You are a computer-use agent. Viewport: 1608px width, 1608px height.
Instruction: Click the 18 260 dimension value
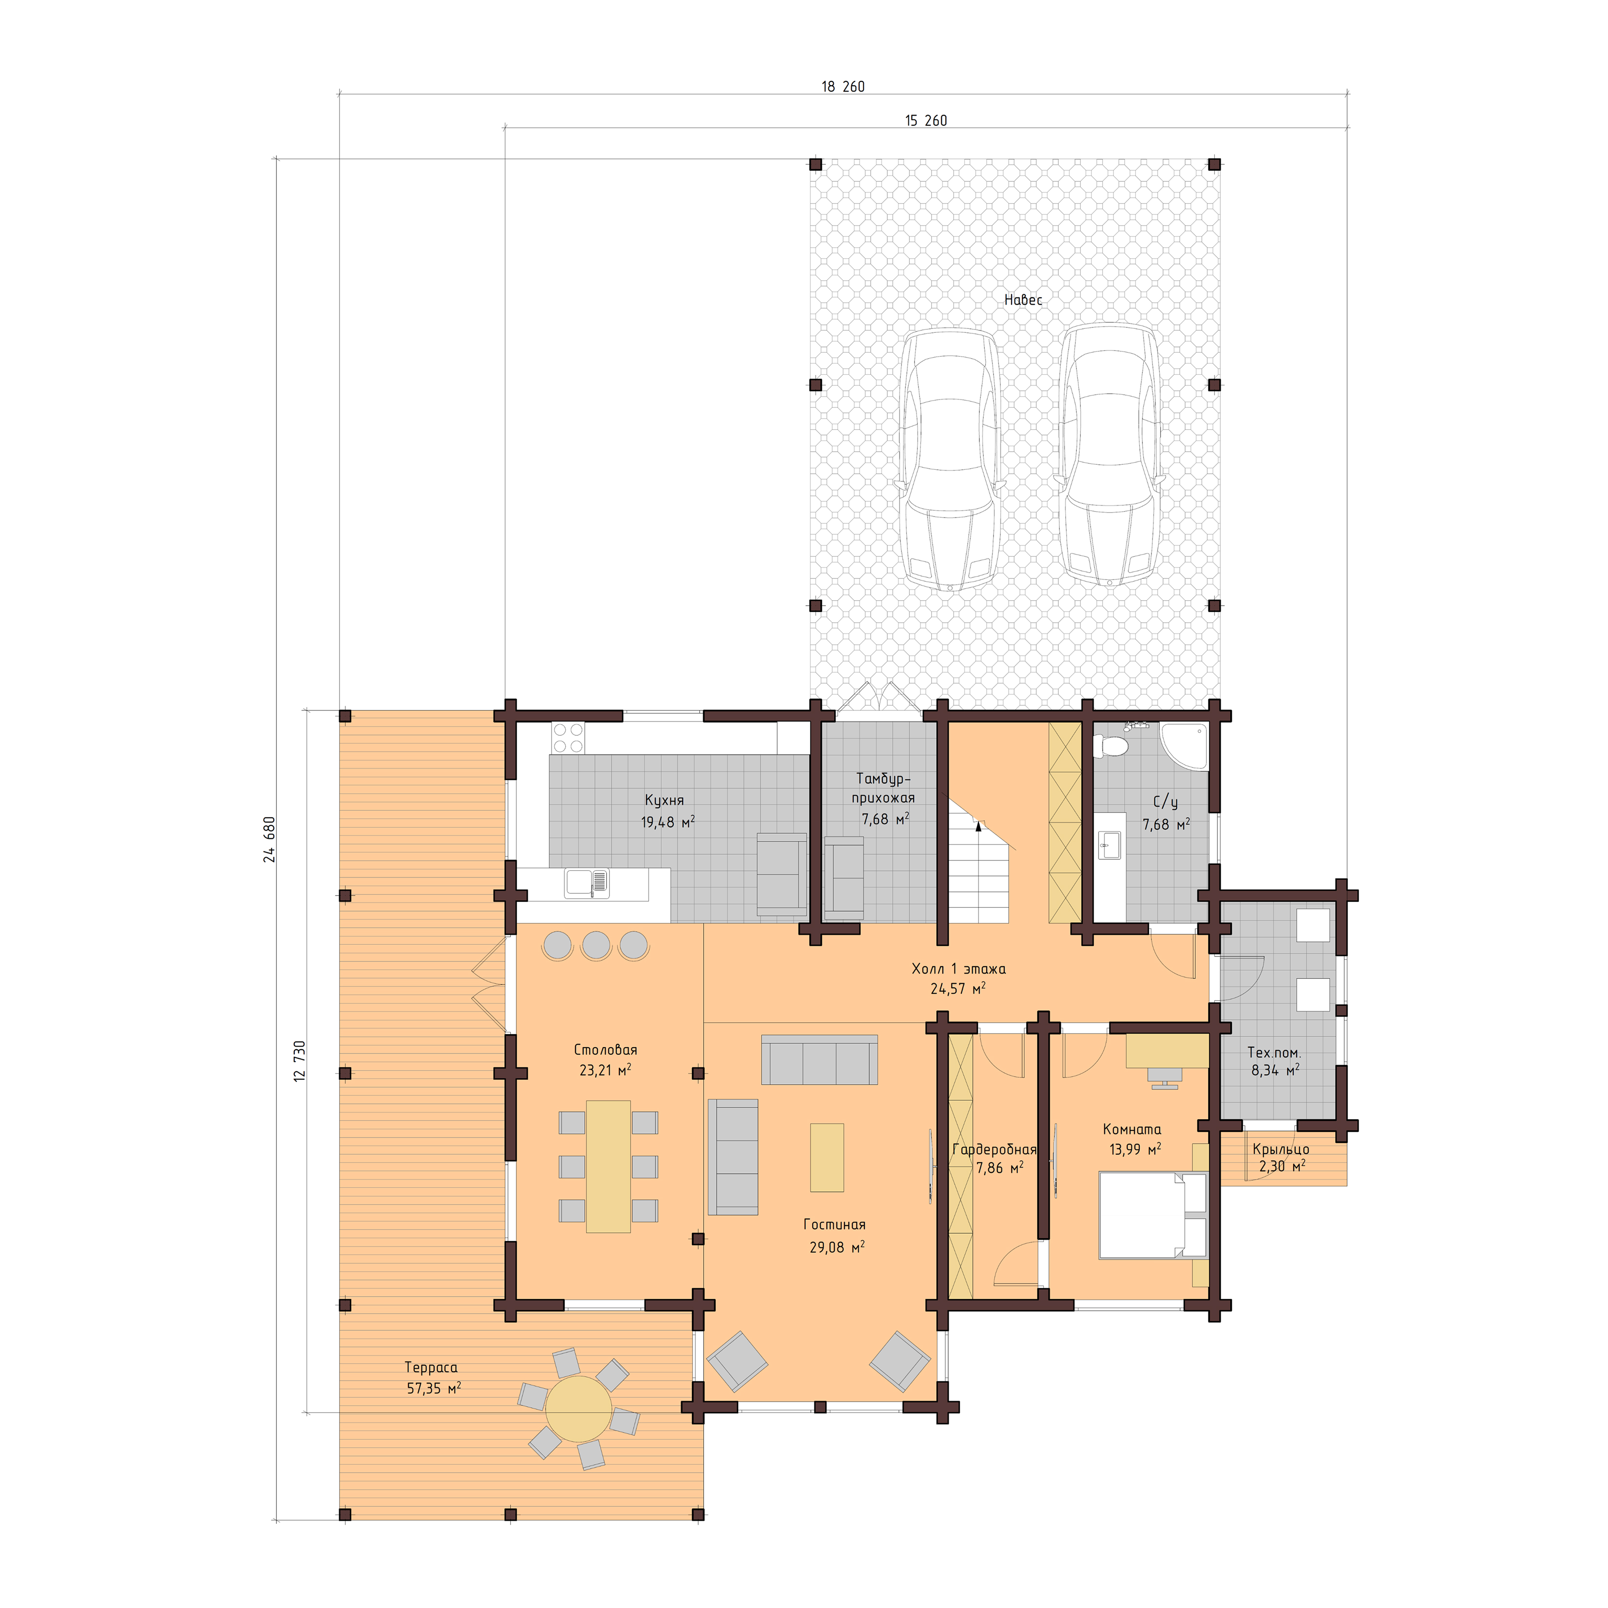(842, 87)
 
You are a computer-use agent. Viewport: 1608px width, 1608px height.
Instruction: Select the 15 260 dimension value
(925, 121)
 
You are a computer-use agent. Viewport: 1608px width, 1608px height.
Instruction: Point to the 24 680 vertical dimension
(269, 839)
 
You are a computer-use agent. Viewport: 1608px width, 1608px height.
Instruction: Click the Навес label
(1022, 300)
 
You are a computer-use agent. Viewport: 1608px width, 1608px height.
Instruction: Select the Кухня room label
(664, 800)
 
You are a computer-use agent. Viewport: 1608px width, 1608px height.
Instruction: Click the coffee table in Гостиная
(826, 1157)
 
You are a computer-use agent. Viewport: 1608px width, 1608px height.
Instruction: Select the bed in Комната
(1153, 1215)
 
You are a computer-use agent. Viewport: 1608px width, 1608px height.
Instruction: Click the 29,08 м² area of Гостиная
(837, 1247)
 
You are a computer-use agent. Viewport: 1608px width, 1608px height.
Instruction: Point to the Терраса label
(431, 1367)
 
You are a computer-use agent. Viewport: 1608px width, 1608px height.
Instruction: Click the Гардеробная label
(995, 1149)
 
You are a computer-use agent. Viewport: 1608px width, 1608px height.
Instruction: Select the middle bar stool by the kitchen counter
(596, 945)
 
